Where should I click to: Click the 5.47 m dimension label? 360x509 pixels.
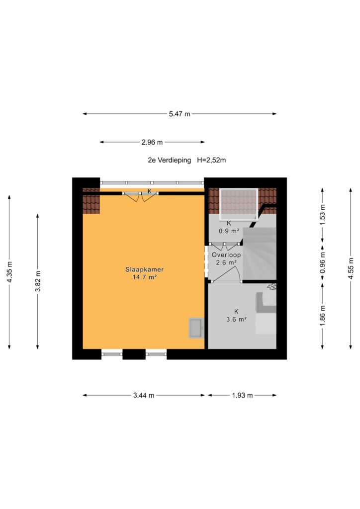[x=180, y=114]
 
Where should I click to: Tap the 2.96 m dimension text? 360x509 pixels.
[x=152, y=142]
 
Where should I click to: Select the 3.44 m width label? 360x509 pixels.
[x=144, y=395]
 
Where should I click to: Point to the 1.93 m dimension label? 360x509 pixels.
[x=242, y=395]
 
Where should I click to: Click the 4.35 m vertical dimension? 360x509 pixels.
[x=9, y=272]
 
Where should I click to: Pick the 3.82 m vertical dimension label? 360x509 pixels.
[x=38, y=281]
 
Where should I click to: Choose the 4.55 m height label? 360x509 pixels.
[x=351, y=268]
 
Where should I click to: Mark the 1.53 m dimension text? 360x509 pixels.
[x=322, y=215]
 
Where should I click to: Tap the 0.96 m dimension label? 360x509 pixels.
[x=322, y=263]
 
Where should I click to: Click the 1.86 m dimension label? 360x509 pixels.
[x=322, y=316]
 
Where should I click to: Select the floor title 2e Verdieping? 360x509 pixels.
[x=170, y=160]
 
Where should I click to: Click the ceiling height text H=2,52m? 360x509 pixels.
[x=211, y=160]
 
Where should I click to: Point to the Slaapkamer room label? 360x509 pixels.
[x=145, y=269]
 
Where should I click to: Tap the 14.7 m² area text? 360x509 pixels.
[x=145, y=277]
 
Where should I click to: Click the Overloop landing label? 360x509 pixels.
[x=226, y=255]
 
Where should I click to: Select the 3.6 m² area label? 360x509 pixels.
[x=236, y=320]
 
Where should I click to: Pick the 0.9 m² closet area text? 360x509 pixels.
[x=229, y=231]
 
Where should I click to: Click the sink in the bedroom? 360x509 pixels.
[x=196, y=328]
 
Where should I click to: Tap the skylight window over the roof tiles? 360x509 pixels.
[x=239, y=204]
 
